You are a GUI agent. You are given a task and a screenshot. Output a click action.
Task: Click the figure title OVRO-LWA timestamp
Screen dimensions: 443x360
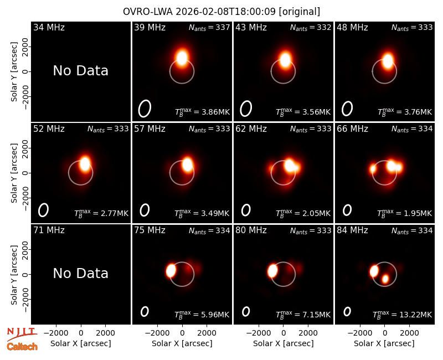point(221,12)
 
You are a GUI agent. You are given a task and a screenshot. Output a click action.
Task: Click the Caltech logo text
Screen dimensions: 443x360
point(22,347)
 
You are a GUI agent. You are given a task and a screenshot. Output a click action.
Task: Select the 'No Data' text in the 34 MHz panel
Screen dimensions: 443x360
point(80,71)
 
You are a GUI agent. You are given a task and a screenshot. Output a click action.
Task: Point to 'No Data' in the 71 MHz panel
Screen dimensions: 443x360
point(80,274)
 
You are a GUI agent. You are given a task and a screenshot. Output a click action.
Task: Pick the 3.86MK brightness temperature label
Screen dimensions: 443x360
point(202,112)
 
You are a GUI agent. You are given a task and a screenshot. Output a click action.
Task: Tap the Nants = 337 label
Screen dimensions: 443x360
point(209,27)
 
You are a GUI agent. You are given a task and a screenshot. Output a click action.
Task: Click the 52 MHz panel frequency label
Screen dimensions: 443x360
point(49,129)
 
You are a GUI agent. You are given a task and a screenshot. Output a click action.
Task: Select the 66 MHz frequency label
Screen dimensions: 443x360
point(352,129)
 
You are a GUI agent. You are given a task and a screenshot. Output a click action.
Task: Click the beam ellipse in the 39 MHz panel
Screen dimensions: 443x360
point(145,109)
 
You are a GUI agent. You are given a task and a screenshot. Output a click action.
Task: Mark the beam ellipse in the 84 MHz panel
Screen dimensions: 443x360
point(347,311)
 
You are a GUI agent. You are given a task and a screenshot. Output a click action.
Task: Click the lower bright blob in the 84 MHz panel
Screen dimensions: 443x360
point(385,279)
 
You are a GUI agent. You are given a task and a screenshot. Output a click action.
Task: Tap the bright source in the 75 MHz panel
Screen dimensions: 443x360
point(171,270)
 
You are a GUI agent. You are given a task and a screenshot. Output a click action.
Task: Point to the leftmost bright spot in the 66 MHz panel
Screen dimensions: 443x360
point(373,169)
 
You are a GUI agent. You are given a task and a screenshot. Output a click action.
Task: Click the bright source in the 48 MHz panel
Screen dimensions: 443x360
point(388,61)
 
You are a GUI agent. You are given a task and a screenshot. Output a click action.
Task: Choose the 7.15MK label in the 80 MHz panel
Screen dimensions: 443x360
point(303,315)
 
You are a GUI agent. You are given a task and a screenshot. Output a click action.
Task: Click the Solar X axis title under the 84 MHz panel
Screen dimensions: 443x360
point(384,343)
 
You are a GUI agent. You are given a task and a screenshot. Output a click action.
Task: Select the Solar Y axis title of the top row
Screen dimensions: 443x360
point(14,72)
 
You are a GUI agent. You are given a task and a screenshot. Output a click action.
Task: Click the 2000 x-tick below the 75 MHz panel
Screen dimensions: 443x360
point(207,333)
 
